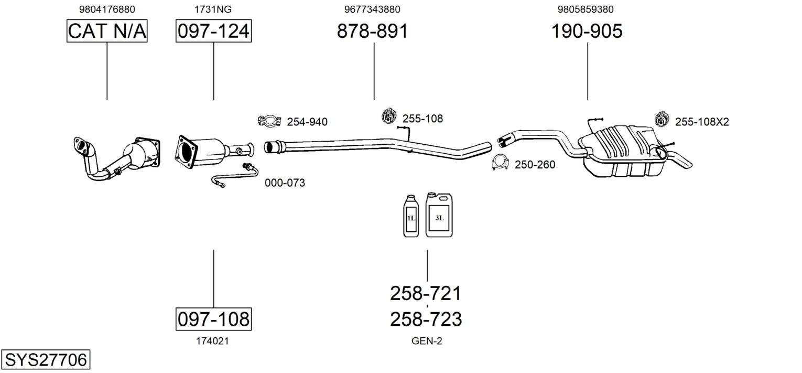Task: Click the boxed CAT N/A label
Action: point(107,31)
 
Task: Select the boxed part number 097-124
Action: point(214,31)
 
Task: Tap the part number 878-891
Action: point(372,31)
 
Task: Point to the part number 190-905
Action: point(587,31)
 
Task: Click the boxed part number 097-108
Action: point(214,319)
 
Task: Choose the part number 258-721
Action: point(426,293)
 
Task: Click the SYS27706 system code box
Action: point(46,359)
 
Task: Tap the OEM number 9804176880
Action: point(107,9)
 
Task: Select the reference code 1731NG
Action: point(213,9)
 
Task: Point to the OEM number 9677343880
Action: point(372,9)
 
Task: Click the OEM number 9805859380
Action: point(586,9)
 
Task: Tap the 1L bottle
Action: point(411,216)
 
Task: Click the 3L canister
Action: point(439,215)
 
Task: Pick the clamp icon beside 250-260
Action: point(501,163)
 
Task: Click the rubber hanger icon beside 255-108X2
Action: point(662,119)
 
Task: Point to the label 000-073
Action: point(285,183)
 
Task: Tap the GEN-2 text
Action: point(427,341)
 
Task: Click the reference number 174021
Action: point(212,341)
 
